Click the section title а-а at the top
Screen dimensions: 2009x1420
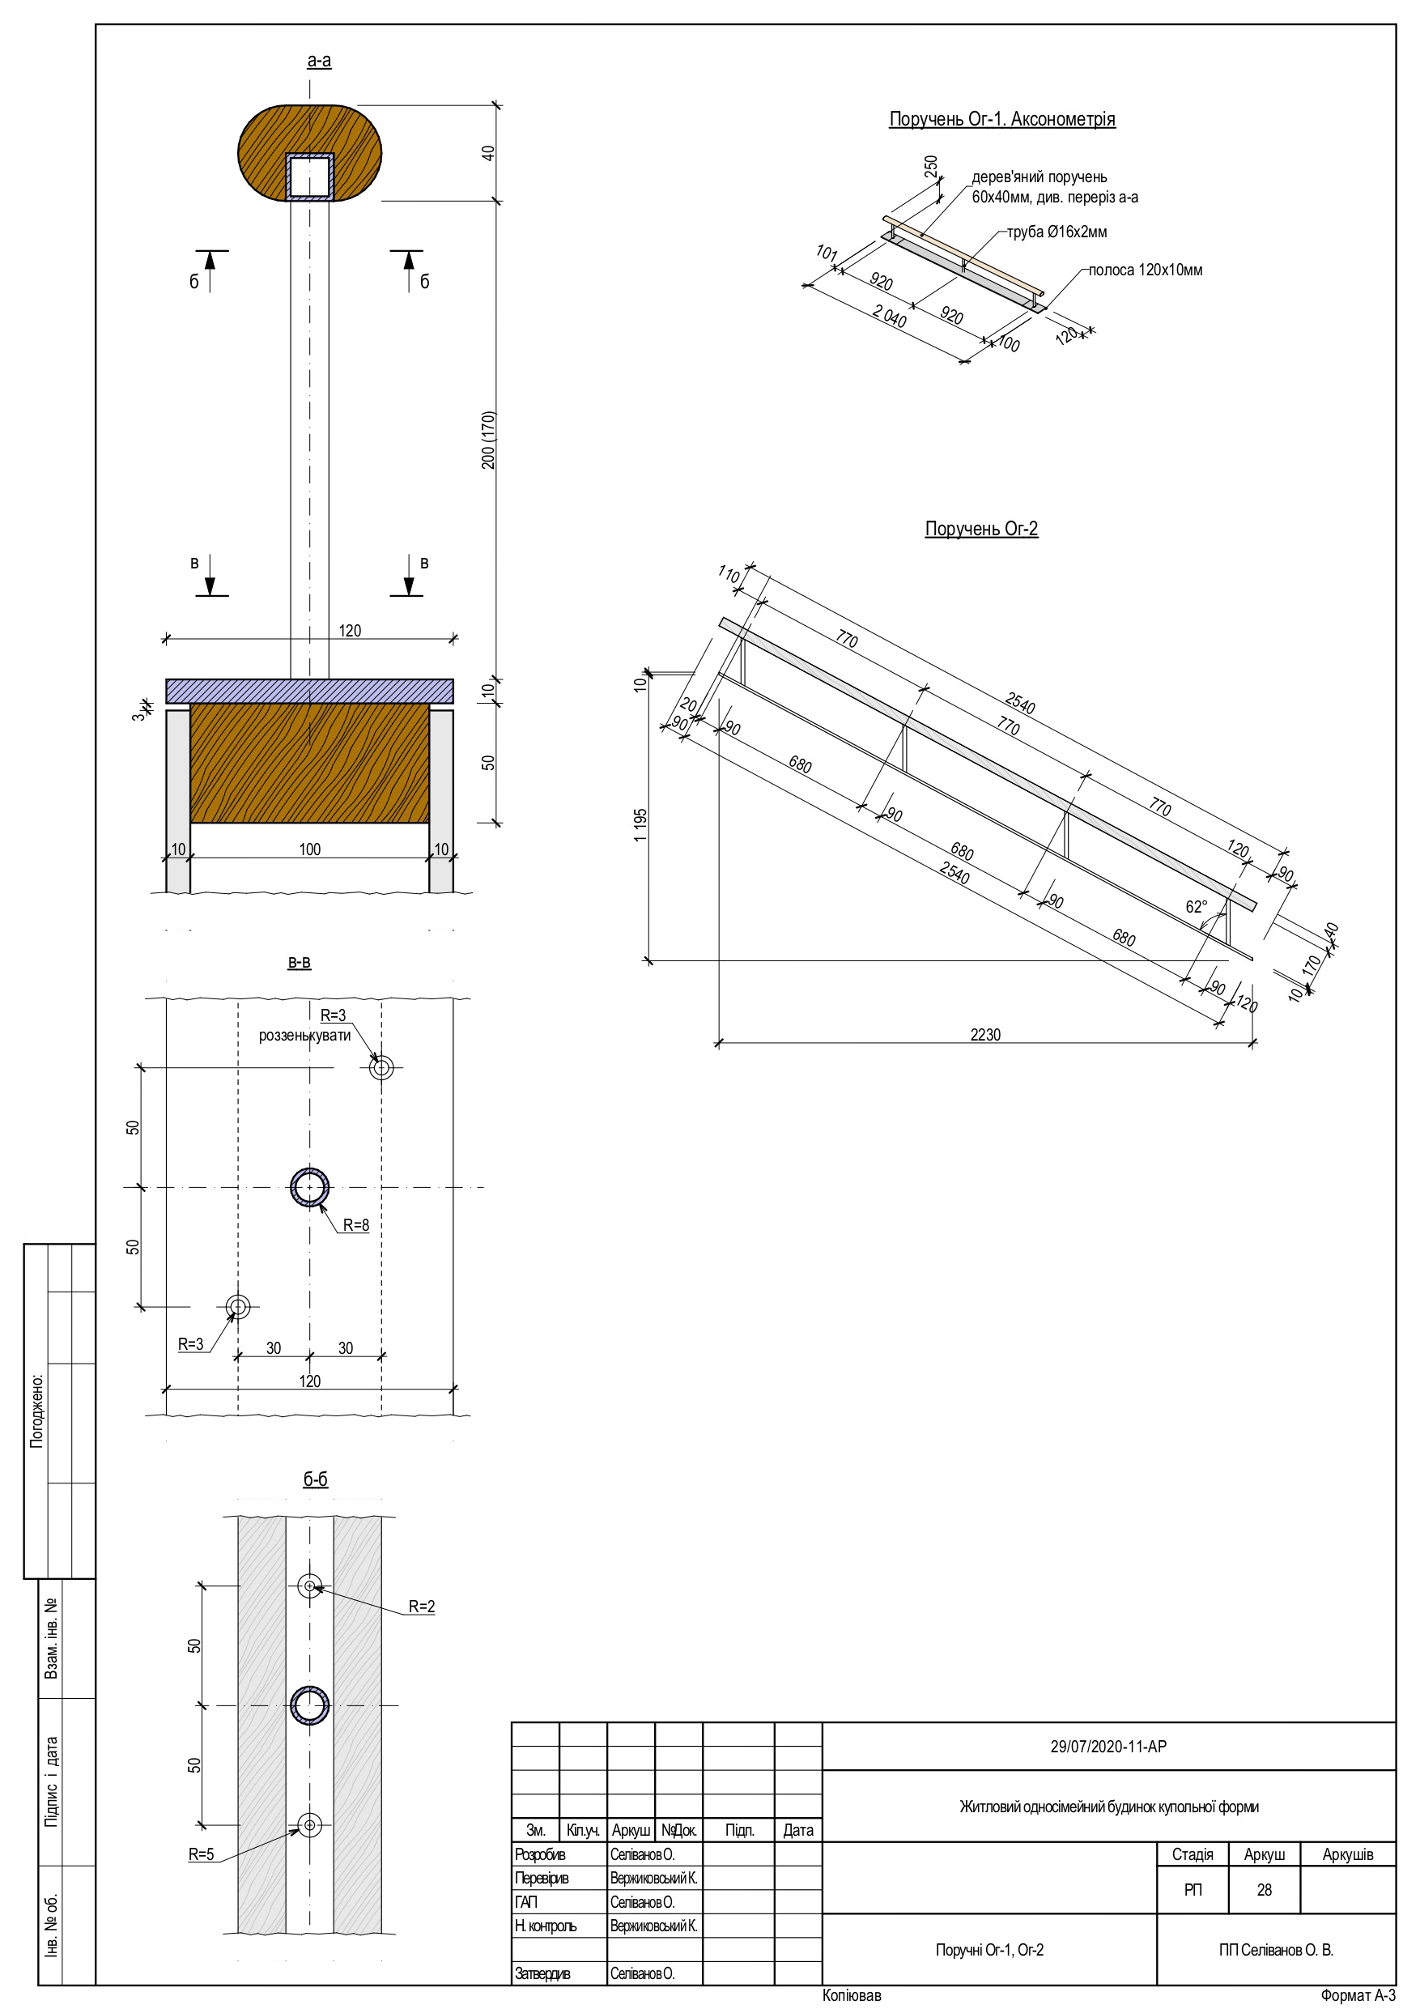[318, 62]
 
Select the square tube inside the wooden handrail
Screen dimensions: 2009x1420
[310, 177]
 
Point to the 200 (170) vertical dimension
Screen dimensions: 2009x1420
[488, 441]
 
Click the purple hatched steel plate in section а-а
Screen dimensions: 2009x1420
[310, 691]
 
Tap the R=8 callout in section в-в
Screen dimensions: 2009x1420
[355, 1226]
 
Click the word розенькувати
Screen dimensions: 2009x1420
[304, 1035]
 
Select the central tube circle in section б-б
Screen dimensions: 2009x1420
[310, 1706]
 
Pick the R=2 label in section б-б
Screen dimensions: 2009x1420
[422, 1607]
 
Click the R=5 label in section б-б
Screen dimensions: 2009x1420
[202, 1854]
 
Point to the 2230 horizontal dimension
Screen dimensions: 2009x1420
[985, 1034]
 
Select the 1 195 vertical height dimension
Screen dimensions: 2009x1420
[640, 825]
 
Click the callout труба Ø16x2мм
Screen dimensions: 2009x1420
[1056, 232]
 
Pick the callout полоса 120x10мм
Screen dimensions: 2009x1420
[1145, 270]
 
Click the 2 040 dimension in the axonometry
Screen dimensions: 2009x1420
[889, 316]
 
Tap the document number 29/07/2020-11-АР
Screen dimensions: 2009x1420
[1108, 1747]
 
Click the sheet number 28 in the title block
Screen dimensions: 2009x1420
[1264, 1890]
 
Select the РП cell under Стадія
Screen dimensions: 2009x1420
[1193, 1890]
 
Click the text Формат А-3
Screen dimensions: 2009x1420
[1357, 1996]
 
